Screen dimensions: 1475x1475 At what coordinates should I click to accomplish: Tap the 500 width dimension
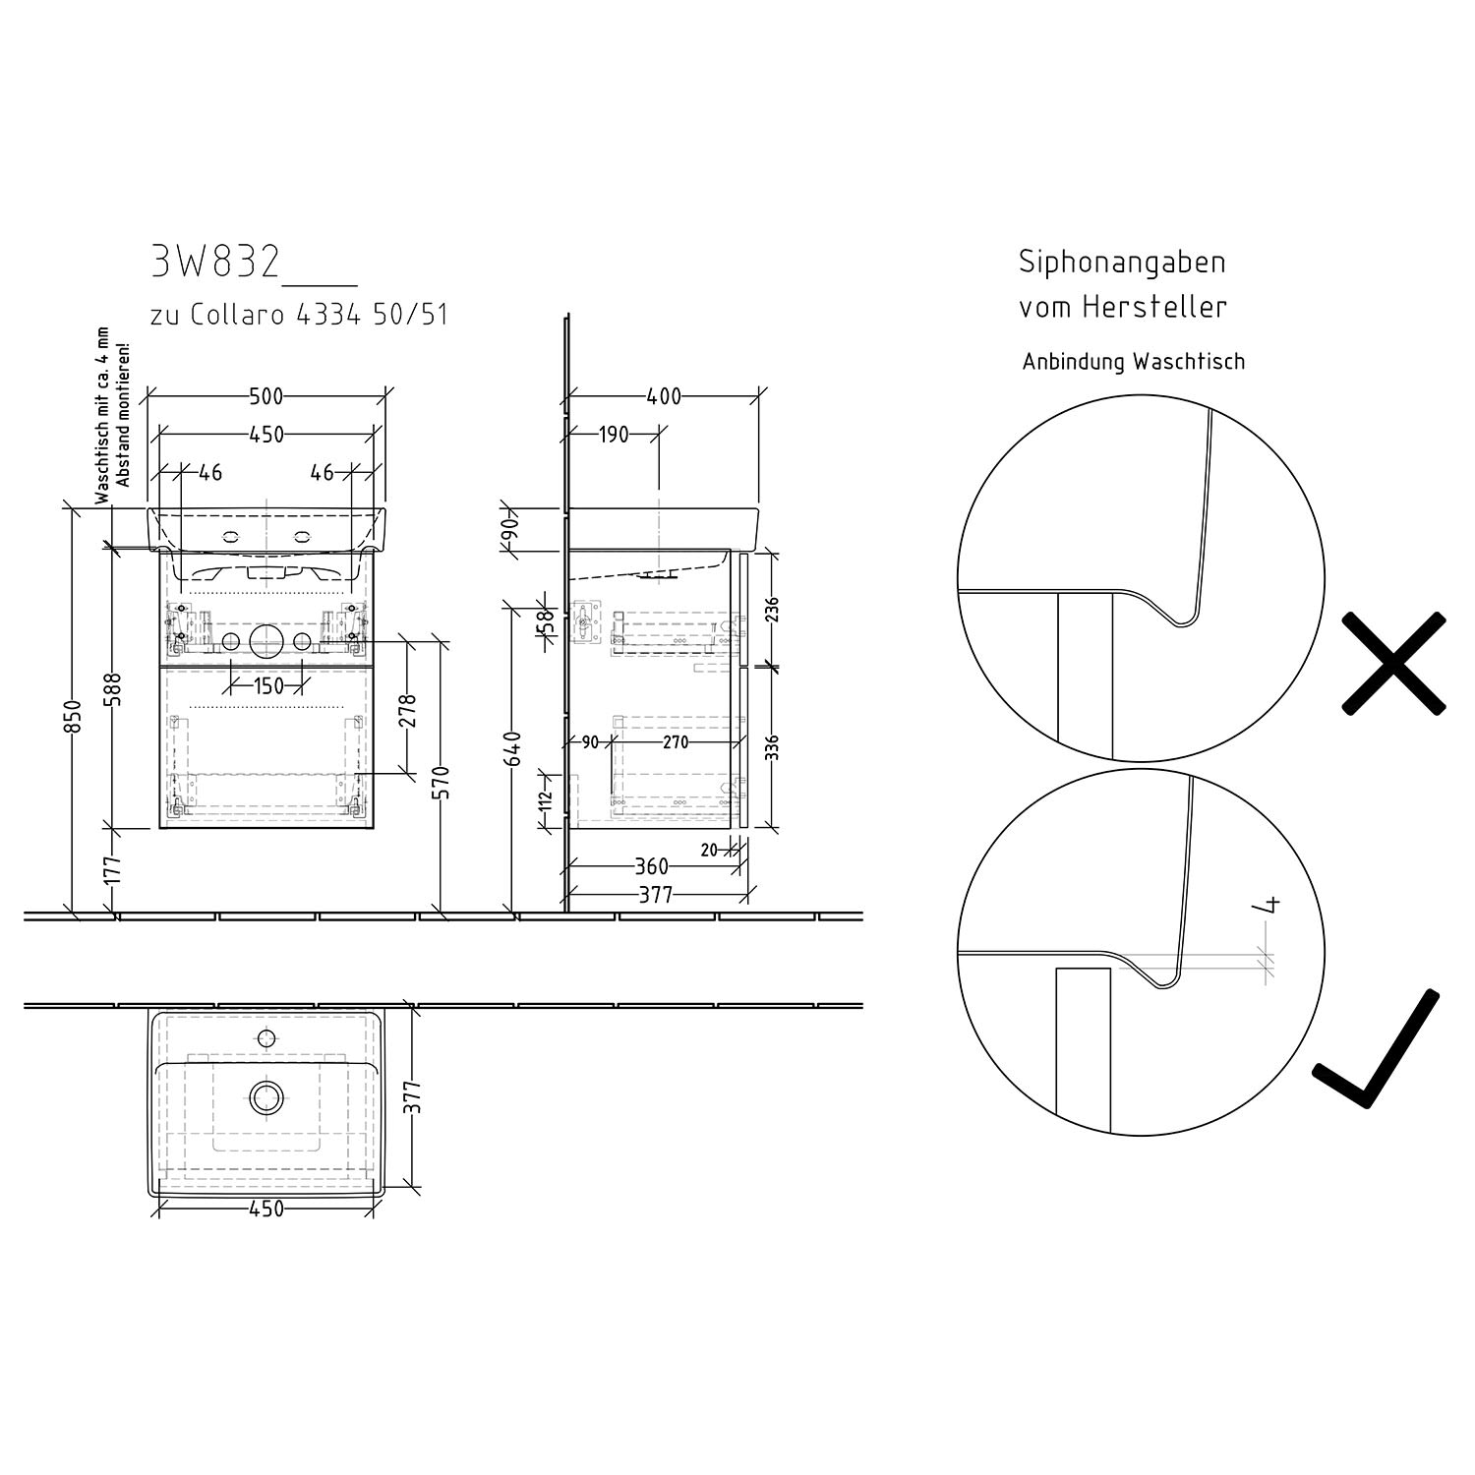click(265, 396)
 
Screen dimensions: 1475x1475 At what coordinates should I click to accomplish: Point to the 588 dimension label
click(115, 688)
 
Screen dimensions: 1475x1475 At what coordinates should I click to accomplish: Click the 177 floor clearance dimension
click(115, 870)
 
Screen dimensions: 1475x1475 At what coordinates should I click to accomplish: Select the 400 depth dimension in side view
click(664, 396)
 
